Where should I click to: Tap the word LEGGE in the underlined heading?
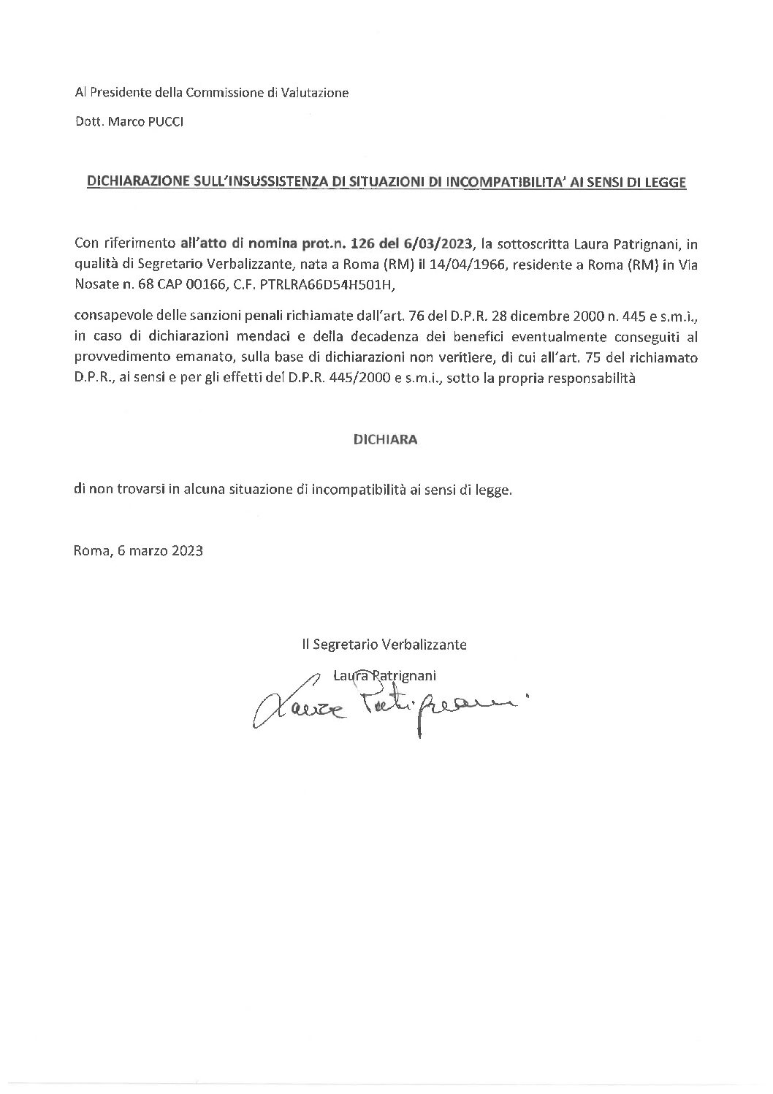(x=666, y=183)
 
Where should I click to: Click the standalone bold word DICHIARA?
(x=386, y=440)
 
